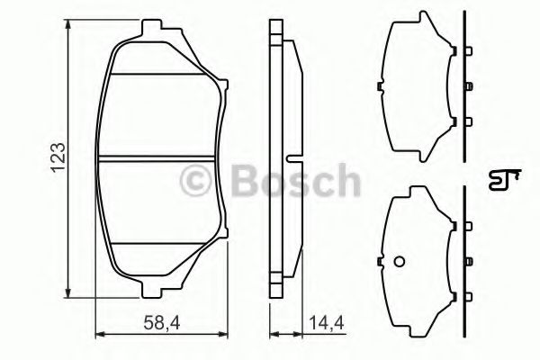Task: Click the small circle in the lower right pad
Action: pos(400,262)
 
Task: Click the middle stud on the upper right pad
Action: pos(468,86)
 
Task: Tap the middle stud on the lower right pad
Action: pos(468,261)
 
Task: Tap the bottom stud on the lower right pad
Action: pos(468,297)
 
